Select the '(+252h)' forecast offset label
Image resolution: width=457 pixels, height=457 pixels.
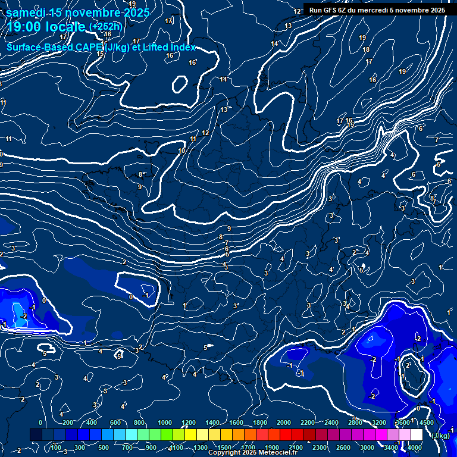pyautogui.click(x=105, y=27)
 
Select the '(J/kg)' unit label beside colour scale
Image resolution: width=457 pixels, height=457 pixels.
pyautogui.click(x=440, y=436)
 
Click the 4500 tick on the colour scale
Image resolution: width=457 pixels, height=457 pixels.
pyautogui.click(x=426, y=422)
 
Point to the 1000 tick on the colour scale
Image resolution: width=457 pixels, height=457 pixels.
pyautogui.click(x=165, y=422)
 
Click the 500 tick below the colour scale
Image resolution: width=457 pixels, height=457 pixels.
pyautogui.click(x=104, y=447)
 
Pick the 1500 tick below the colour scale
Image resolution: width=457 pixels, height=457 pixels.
pyautogui.click(x=224, y=447)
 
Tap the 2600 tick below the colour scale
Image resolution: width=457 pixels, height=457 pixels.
pyautogui.click(x=343, y=447)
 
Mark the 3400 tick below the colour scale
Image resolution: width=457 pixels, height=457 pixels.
pyautogui.click(x=391, y=447)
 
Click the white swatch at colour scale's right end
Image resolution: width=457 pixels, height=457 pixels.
pyautogui.click(x=417, y=435)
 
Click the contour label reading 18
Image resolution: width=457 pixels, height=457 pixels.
pyautogui.click(x=366, y=49)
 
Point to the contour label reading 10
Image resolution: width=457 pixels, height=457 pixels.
pyautogui.click(x=181, y=151)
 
